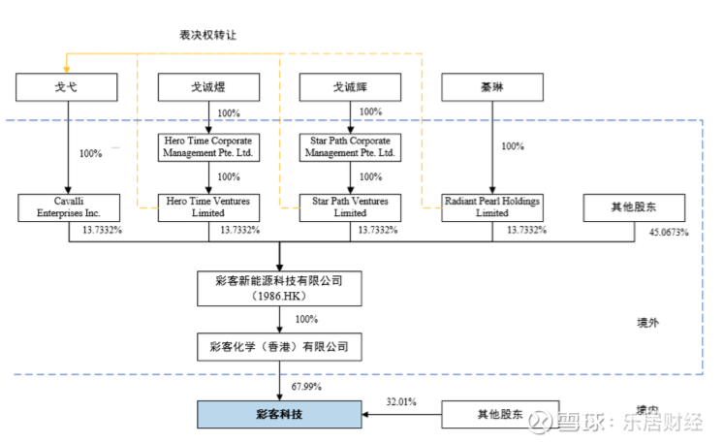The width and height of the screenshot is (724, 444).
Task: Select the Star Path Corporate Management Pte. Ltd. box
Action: click(x=350, y=146)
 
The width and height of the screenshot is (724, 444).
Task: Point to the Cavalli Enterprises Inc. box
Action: click(x=67, y=206)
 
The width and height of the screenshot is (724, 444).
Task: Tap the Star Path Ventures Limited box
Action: click(x=350, y=206)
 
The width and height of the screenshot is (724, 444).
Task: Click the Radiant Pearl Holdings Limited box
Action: click(x=491, y=206)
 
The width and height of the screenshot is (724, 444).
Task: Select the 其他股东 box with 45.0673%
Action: click(x=633, y=206)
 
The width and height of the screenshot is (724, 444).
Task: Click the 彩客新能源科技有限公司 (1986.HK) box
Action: click(x=280, y=287)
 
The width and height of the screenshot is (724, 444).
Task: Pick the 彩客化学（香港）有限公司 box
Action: click(x=280, y=345)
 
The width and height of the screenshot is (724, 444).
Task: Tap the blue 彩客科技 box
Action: click(x=280, y=414)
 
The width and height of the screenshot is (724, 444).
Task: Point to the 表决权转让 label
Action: click(x=207, y=35)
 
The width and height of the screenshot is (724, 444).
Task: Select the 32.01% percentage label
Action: click(x=400, y=400)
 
